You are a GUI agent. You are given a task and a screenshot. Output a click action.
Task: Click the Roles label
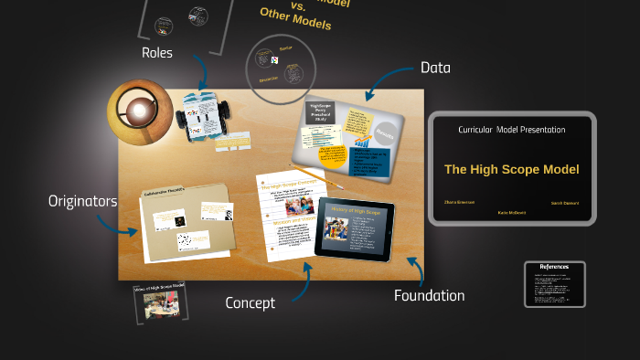tap(156, 53)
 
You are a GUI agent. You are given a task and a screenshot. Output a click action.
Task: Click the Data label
tap(435, 68)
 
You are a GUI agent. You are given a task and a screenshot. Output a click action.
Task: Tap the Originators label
tap(82, 201)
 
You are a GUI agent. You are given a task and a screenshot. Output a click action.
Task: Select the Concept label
tap(250, 303)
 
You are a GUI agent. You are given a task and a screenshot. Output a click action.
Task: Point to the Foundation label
tap(429, 295)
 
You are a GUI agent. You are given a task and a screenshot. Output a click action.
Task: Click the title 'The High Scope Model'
tap(512, 169)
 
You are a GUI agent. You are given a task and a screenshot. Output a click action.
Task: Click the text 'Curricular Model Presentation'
tap(512, 130)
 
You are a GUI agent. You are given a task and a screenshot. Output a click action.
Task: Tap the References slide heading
tap(555, 267)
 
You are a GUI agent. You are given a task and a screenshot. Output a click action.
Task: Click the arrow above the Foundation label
tap(416, 270)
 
